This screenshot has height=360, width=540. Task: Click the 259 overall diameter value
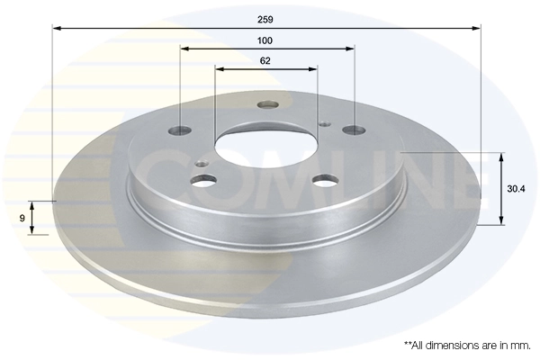265,17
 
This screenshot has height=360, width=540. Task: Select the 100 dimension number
265,40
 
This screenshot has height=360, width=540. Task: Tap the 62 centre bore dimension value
265,61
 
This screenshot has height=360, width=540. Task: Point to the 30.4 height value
516,189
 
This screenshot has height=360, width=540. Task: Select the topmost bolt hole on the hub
266,104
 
